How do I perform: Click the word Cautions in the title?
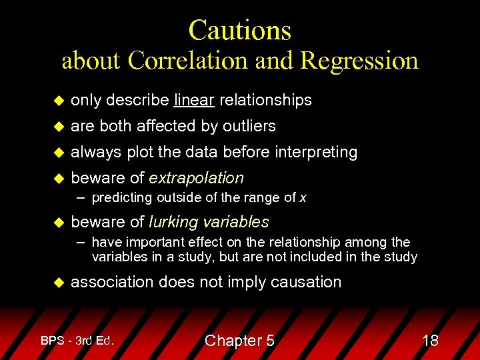click(239, 30)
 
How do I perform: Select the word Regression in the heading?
click(359, 61)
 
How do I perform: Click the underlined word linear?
click(194, 100)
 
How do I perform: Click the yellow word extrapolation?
click(196, 178)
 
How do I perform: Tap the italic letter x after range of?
click(303, 197)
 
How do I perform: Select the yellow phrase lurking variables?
click(209, 222)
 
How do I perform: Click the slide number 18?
click(430, 341)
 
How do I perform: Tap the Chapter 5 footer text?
click(239, 341)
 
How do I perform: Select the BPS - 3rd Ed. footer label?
click(77, 340)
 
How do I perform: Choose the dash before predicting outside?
click(81, 197)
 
